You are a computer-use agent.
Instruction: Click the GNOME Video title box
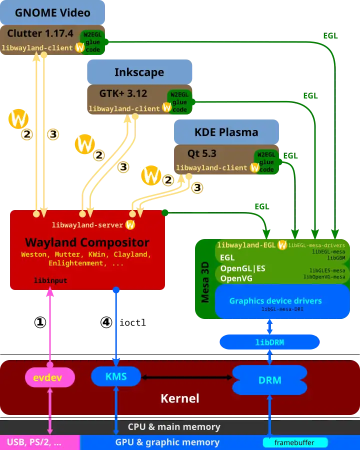(53, 13)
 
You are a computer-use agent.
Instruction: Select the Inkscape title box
(139, 72)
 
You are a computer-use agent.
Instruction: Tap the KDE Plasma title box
(226, 132)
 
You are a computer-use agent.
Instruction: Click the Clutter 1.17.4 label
(40, 34)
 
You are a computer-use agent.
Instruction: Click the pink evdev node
(49, 377)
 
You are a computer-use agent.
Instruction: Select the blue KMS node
(116, 376)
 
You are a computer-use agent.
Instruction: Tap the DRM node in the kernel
(269, 380)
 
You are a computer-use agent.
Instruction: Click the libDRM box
(269, 342)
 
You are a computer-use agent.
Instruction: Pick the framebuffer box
(295, 442)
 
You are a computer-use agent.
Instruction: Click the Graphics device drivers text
(275, 301)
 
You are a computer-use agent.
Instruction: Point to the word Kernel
(180, 398)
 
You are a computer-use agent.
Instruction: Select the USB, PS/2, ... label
(34, 442)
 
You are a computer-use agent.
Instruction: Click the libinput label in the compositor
(50, 280)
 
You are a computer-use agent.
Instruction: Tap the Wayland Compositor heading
(87, 242)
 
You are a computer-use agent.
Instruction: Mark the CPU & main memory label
(174, 427)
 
